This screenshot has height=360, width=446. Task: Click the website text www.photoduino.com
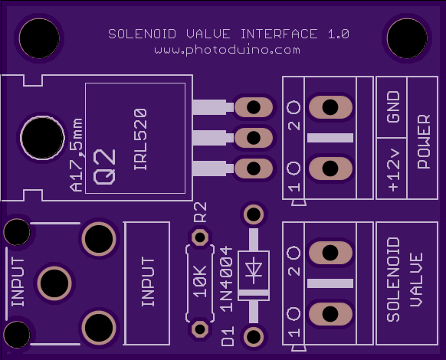[227, 50]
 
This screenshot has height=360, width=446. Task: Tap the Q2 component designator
[104, 167]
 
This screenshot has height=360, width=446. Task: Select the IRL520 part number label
[140, 139]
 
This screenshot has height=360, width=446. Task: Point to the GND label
[393, 107]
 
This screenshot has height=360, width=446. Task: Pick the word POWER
[424, 142]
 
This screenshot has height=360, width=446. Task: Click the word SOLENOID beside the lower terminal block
[393, 280]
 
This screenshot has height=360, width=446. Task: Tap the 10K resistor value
[200, 282]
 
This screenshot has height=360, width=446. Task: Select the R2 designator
[200, 212]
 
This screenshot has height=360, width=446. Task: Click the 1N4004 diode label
[227, 280]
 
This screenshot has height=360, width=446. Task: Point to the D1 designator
[228, 336]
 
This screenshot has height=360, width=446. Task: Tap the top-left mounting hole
[39, 38]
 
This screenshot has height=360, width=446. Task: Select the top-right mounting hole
[407, 38]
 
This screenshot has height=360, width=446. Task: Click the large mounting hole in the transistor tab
[42, 138]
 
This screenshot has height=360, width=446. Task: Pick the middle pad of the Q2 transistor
[254, 138]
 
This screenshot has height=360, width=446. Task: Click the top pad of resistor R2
[200, 237]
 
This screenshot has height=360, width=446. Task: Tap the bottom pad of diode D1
[254, 337]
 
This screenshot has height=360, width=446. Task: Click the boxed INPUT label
[148, 282]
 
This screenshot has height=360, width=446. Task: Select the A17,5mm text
[76, 155]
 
